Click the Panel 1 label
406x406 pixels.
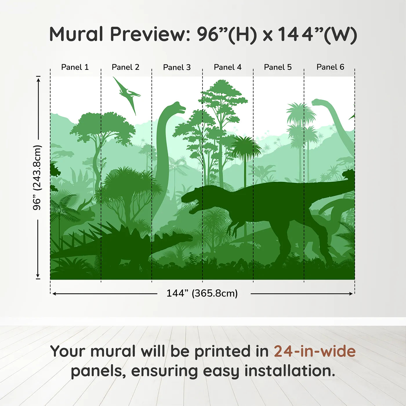tap(75, 67)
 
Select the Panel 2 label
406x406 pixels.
tap(125, 67)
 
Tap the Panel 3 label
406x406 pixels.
tap(177, 67)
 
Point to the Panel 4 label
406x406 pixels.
tap(228, 67)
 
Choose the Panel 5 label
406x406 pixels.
tap(278, 67)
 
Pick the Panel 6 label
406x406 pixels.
tap(330, 67)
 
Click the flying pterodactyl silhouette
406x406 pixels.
tap(127, 95)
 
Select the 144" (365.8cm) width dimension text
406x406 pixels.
tap(202, 293)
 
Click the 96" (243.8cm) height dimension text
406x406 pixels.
tap(37, 177)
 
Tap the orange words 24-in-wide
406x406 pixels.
tap(315, 351)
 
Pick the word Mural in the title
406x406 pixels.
tap(76, 34)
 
